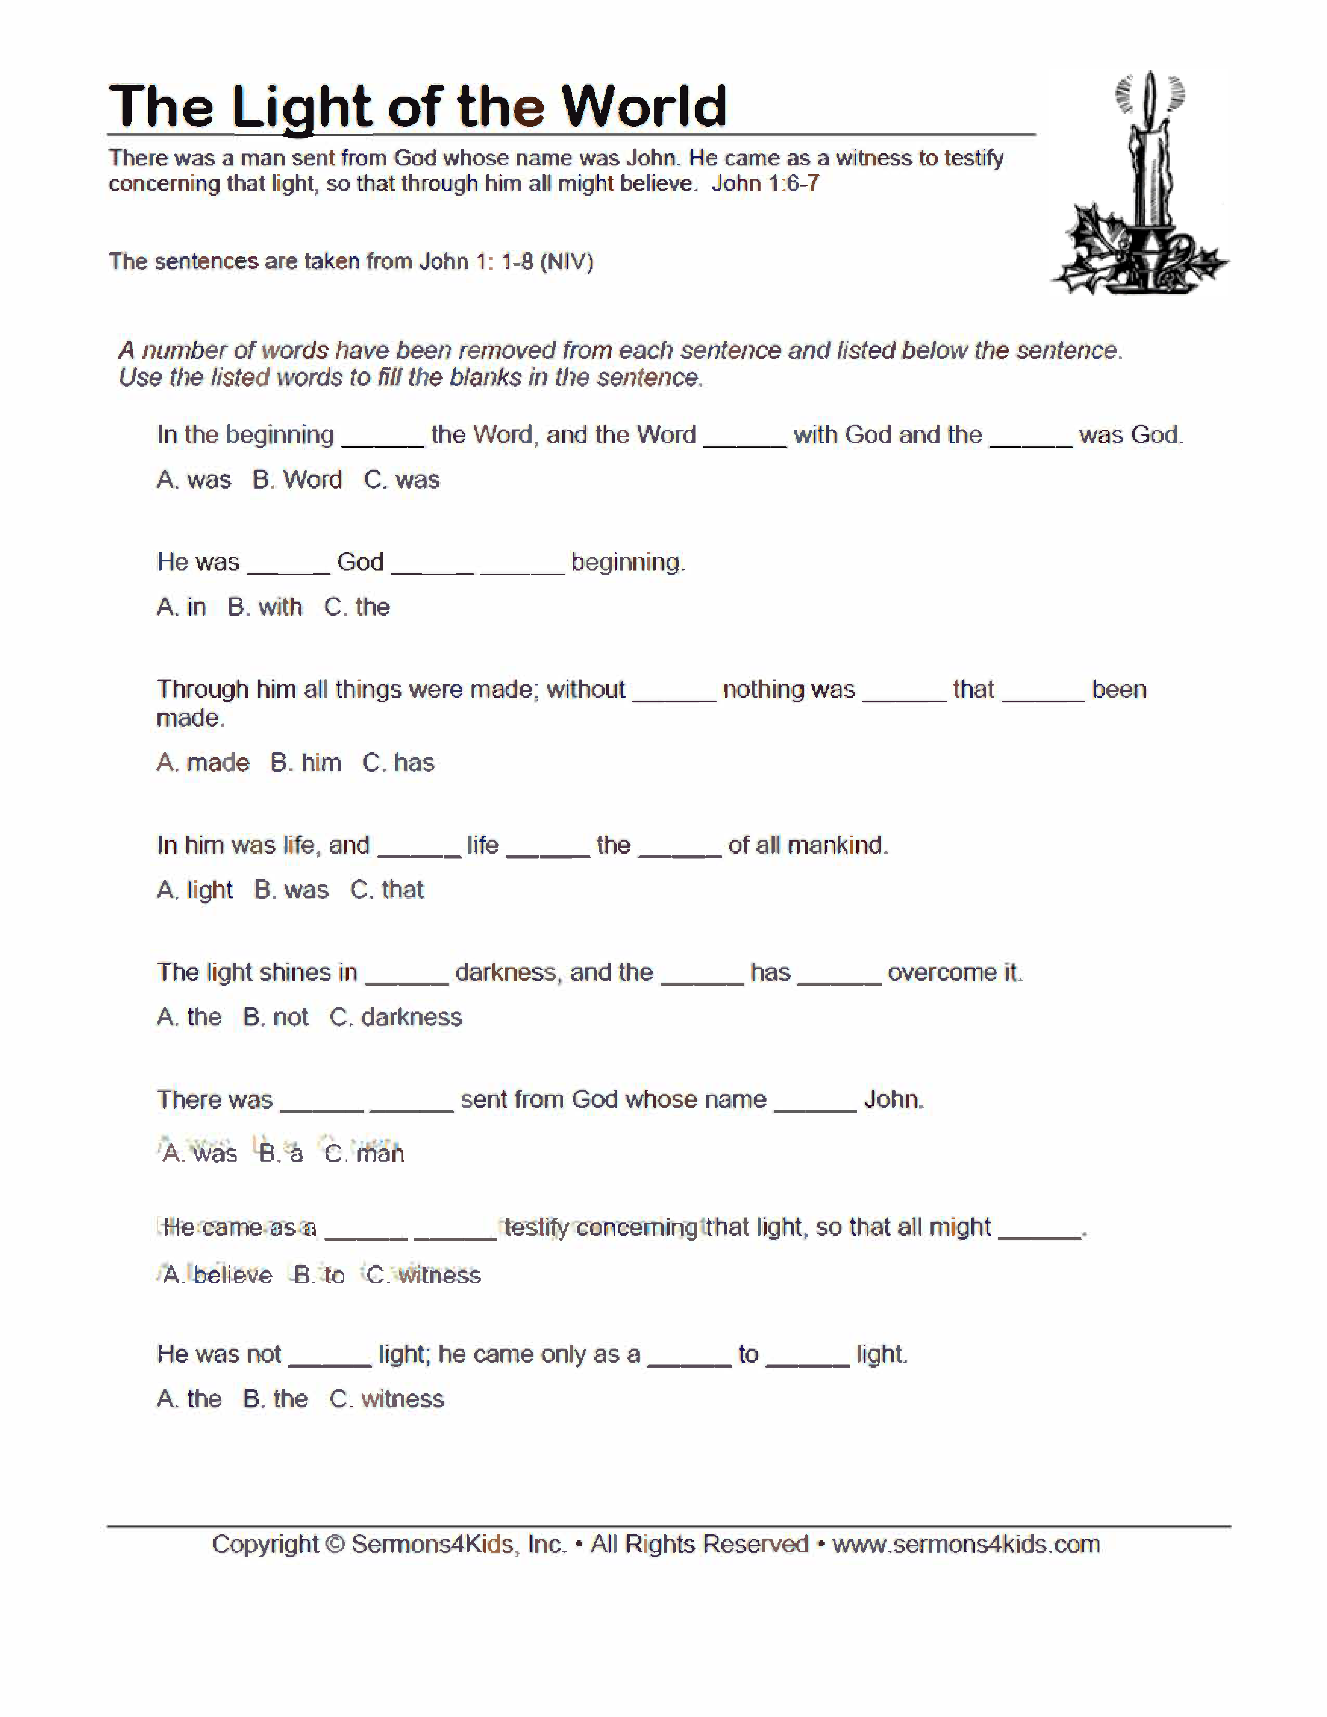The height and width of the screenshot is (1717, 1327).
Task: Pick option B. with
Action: point(265,607)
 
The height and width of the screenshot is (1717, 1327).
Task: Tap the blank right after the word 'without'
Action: point(674,692)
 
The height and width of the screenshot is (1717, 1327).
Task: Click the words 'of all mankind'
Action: point(807,845)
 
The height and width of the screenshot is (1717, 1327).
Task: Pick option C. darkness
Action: point(395,1017)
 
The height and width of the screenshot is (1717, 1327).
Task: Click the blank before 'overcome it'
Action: point(839,975)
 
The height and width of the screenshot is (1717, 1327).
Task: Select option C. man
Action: point(365,1153)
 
